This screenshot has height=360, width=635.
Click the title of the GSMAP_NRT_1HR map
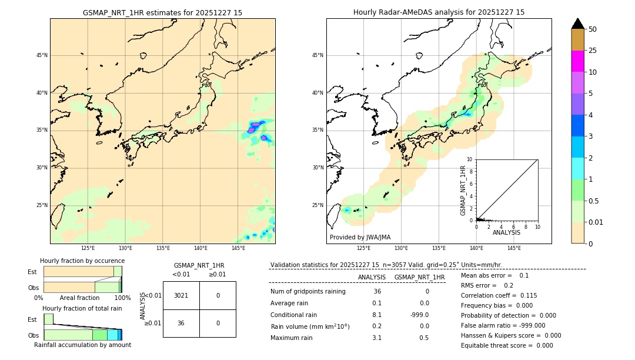tap(162, 12)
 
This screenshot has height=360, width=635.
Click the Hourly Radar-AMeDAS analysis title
tap(439, 12)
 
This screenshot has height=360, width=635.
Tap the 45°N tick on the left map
tap(42, 55)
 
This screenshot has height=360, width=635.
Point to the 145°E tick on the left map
tap(238, 248)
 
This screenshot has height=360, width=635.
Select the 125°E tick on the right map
tap(364, 248)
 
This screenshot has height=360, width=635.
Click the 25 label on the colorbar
tap(593, 51)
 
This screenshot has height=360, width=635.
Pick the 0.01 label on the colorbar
tap(596, 222)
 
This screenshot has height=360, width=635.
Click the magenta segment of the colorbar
tap(577, 61)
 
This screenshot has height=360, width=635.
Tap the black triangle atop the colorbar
tap(577, 24)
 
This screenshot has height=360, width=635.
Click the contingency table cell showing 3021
tap(181, 295)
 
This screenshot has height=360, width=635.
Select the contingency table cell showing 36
tap(181, 323)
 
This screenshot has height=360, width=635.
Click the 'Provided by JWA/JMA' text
tap(360, 237)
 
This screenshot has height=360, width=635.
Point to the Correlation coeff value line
tap(499, 296)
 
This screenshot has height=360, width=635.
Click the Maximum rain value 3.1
tap(376, 338)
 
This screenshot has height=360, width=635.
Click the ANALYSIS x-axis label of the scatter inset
tap(506, 233)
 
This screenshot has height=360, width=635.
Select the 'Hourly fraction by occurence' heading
tap(82, 261)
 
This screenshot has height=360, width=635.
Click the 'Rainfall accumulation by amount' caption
tap(82, 345)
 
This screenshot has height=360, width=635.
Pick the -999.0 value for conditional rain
tap(419, 315)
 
